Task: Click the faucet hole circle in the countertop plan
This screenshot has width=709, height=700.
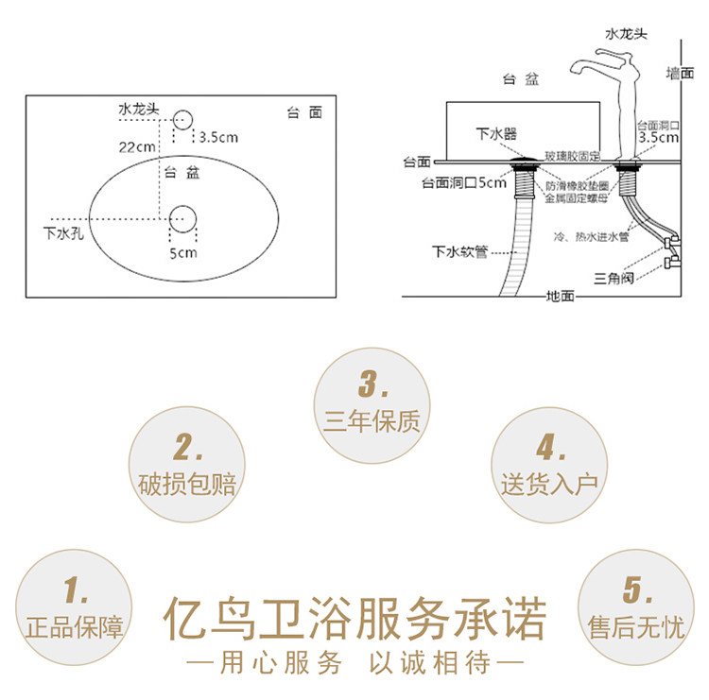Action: [x=182, y=118]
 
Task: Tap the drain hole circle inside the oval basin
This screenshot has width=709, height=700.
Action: [x=182, y=220]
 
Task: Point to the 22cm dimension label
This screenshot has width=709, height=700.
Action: [x=136, y=146]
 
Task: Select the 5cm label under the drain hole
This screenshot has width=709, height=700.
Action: [x=182, y=253]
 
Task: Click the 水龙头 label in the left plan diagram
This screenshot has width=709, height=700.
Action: [x=138, y=110]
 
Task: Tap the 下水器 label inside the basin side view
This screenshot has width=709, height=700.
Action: [x=496, y=135]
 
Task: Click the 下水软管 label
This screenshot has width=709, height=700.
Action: [x=459, y=251]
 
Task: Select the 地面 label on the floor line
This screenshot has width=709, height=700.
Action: [x=560, y=297]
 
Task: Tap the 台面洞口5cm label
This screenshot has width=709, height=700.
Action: [x=463, y=183]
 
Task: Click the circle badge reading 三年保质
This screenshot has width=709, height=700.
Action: [x=372, y=405]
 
